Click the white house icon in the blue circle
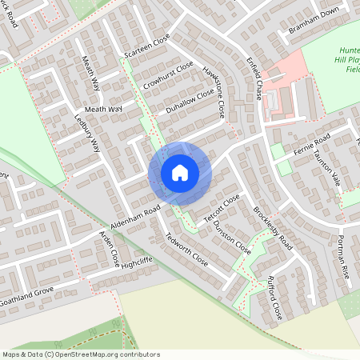pos(179,172)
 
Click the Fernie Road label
pos(310,137)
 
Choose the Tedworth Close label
pos(187,250)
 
